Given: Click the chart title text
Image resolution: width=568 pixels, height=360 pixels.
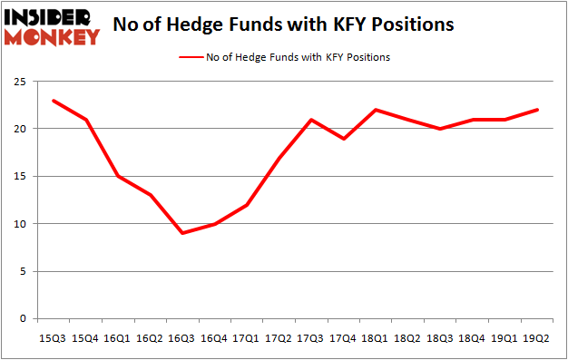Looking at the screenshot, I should (285, 25).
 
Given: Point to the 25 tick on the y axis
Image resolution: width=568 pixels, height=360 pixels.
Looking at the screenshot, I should (18, 82).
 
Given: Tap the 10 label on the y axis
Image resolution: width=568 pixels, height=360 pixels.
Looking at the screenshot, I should (18, 224).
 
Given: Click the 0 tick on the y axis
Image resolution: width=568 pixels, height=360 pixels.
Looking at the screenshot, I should (21, 319).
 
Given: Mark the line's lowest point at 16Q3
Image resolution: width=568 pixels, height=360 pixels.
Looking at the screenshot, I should (183, 233).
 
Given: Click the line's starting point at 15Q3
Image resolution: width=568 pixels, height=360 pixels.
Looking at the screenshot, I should (53, 101).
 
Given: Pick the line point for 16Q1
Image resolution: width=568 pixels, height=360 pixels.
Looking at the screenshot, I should (118, 176).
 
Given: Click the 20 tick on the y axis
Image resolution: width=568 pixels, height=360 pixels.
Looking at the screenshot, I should (18, 129).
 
